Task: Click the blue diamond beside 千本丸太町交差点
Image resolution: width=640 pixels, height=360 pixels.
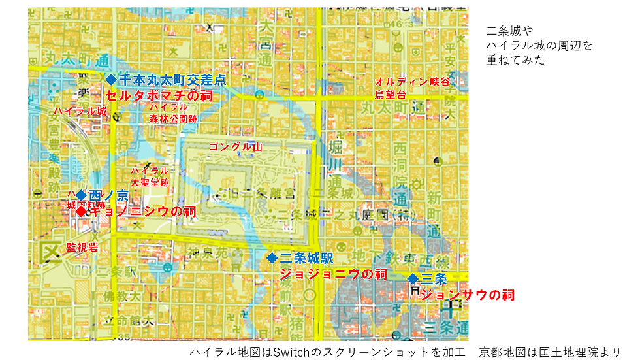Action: click(x=110, y=79)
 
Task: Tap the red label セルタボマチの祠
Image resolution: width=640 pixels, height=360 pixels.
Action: click(x=159, y=95)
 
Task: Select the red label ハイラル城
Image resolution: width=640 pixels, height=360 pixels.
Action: click(x=80, y=112)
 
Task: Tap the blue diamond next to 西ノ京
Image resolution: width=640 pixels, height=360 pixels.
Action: click(x=81, y=195)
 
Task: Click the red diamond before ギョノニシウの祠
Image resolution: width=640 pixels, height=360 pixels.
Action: click(x=81, y=211)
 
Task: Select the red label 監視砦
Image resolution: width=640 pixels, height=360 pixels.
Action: click(x=82, y=248)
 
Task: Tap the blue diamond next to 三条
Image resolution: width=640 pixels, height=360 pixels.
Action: click(x=413, y=279)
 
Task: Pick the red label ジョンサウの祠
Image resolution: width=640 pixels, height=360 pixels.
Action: click(x=468, y=295)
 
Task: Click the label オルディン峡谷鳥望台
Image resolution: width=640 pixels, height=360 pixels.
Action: click(x=412, y=89)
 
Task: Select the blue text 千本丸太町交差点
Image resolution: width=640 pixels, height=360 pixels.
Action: click(x=172, y=79)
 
